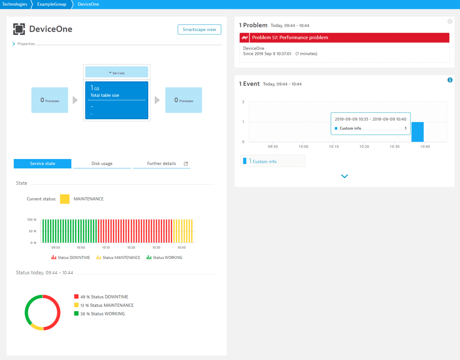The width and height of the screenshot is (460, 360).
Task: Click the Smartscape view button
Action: point(199,30)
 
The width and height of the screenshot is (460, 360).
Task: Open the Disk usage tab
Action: point(102,164)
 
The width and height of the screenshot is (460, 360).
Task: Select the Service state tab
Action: point(43,164)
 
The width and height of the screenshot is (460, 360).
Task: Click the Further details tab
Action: point(161,164)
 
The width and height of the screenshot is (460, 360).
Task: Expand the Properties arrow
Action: point(15,44)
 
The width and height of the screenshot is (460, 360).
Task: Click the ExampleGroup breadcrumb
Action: point(51,4)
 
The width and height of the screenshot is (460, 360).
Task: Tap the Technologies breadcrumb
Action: point(15,4)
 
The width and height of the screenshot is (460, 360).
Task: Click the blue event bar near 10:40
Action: point(417,132)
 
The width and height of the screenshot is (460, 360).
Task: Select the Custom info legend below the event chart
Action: point(264,161)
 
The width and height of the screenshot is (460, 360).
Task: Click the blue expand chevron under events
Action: point(344,176)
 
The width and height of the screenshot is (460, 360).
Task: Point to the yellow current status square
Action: point(65,199)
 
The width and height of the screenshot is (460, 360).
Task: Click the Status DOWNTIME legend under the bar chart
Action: point(71,258)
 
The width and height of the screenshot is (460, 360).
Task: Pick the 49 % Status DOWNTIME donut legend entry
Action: point(101,297)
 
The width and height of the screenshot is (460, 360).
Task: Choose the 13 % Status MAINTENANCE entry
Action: point(104,305)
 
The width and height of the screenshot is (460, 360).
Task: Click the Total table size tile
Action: point(117,100)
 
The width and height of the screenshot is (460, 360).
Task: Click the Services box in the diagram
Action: point(117,72)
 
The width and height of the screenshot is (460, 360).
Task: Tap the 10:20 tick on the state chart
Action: point(131,248)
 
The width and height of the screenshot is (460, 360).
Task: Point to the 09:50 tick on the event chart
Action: point(273,146)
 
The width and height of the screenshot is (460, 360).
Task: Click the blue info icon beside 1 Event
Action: point(450,80)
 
